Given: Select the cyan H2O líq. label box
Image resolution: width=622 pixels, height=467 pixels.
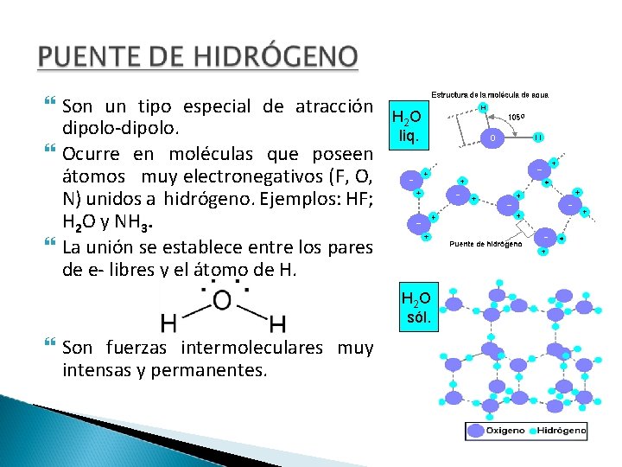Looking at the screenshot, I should pyautogui.click(x=406, y=126).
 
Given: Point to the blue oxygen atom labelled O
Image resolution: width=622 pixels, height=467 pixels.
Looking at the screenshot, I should pyautogui.click(x=492, y=137).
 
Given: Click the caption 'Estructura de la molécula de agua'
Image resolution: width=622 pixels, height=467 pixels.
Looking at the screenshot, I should pyautogui.click(x=491, y=95).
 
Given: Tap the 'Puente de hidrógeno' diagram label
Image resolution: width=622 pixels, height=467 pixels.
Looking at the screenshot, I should pyautogui.click(x=486, y=244).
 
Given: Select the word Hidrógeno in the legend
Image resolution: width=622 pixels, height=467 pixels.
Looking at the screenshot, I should pyautogui.click(x=562, y=430).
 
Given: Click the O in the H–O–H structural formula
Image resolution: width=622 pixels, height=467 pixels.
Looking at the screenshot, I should pyautogui.click(x=222, y=300).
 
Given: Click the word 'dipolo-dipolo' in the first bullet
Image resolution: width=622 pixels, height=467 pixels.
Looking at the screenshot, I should pyautogui.click(x=120, y=130).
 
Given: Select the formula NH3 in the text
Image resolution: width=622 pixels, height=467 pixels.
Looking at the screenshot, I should pyautogui.click(x=138, y=226).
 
